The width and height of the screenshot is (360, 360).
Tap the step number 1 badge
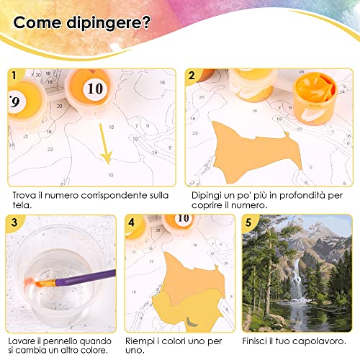(x=12, y=75)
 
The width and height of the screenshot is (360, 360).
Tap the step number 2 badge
(x=192, y=75)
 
